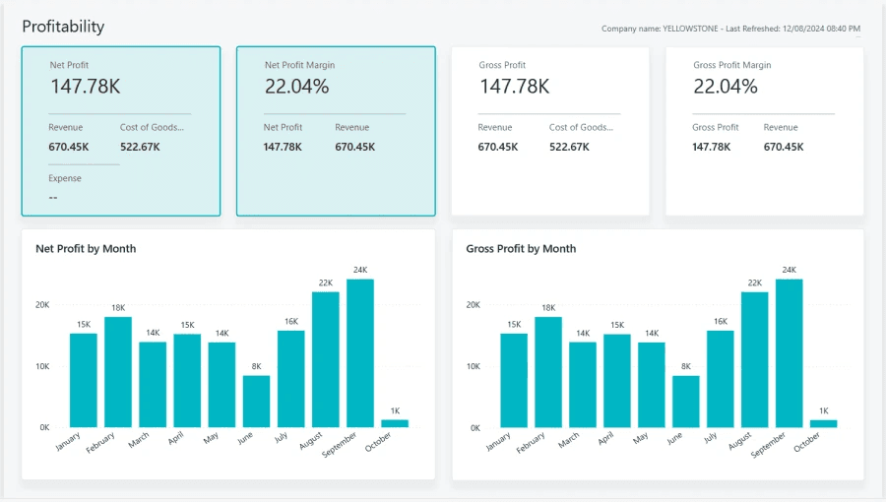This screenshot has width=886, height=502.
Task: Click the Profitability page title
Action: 63,27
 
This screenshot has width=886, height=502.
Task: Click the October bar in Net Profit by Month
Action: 395,423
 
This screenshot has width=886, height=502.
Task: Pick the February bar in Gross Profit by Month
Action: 548,371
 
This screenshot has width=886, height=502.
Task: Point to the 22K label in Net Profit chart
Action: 326,282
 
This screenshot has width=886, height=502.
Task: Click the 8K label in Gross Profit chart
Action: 686,366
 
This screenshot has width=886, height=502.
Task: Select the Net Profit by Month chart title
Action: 86,249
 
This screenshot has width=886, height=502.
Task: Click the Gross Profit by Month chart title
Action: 521,249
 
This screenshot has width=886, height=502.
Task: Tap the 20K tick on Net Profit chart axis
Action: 42,305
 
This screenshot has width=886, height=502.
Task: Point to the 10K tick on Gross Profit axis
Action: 473,366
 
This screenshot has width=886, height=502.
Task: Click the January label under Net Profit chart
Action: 68,444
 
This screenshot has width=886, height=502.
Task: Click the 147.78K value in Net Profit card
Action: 86,87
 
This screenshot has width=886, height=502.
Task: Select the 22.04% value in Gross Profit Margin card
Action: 726,87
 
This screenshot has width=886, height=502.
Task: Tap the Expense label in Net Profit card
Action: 65,178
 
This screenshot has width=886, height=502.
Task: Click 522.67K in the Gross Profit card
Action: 569,147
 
